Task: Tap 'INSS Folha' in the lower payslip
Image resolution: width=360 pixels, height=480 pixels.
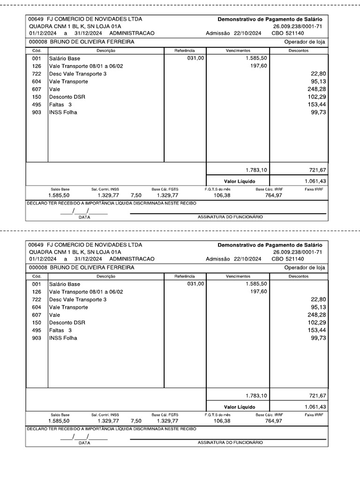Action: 63,338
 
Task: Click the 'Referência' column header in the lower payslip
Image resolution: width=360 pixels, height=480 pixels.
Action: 184,277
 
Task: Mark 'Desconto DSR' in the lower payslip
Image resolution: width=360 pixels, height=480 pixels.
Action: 67,322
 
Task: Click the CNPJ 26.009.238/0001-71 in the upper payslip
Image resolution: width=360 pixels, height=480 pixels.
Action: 298,27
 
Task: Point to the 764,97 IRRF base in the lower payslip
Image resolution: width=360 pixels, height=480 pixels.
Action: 273,421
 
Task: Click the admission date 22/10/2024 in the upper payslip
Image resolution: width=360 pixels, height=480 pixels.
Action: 246,34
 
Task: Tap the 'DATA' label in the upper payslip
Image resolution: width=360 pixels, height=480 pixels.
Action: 84,217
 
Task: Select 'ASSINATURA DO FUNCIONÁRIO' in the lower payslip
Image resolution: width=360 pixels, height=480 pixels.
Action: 230,442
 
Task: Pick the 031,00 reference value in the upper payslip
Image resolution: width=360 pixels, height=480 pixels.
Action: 195,59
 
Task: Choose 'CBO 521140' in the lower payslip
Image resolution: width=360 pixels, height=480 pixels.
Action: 287,259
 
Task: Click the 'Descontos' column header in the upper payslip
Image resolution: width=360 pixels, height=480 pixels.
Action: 298,51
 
